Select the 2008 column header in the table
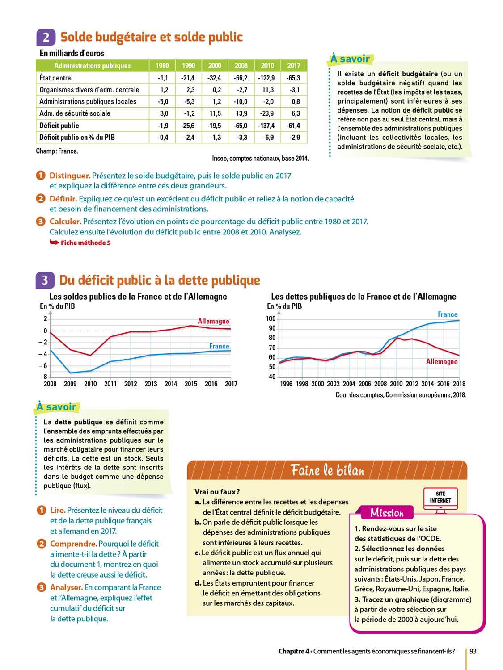tap(241, 66)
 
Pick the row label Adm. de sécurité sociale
tap(75, 113)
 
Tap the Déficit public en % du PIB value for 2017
tap(294, 138)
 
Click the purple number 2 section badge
tap(46, 37)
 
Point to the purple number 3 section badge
tap(45, 281)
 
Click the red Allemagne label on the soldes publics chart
tap(213, 321)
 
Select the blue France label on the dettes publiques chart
tap(448, 314)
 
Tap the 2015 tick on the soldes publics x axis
tap(191, 384)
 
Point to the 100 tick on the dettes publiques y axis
tap(271, 318)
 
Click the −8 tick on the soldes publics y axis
tap(43, 377)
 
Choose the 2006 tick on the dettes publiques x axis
tap(365, 384)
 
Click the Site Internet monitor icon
tap(440, 498)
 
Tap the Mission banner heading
tap(387, 513)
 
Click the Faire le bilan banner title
tap(327, 470)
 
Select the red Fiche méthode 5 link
tap(85, 243)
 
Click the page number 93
tap(473, 651)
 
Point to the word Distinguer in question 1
tap(70, 176)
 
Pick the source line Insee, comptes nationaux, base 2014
tap(260, 159)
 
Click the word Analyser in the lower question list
tap(66, 587)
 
